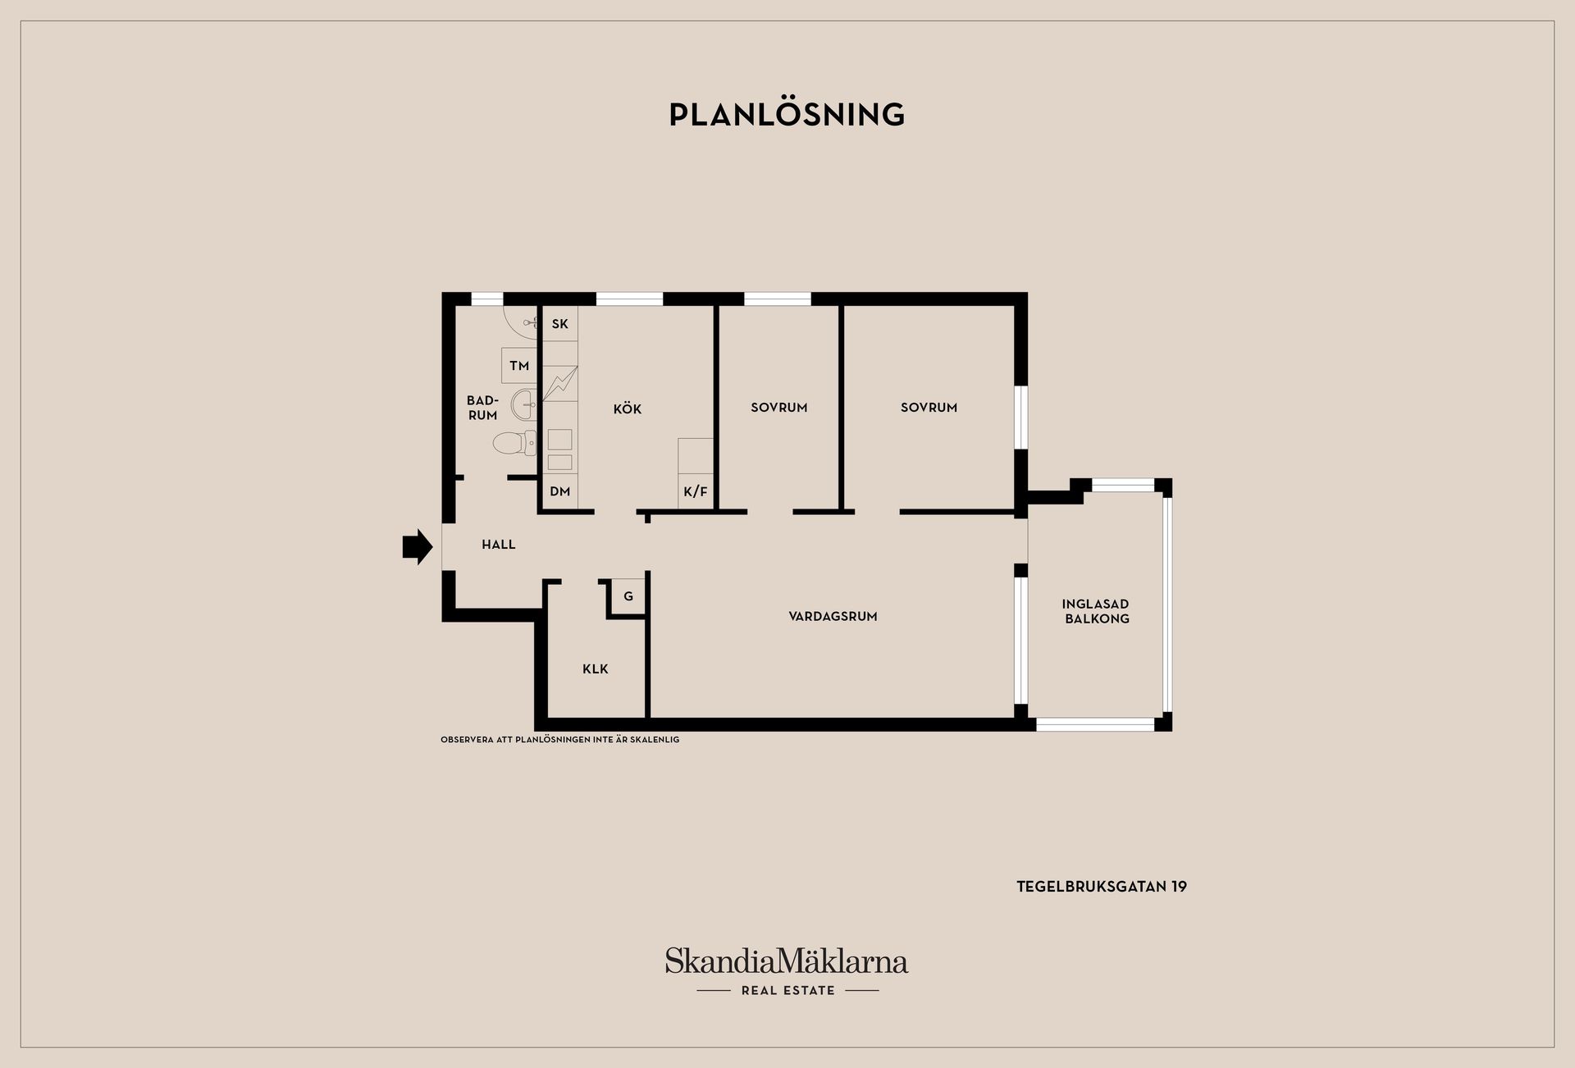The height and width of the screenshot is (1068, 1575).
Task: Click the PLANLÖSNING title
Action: pos(787,114)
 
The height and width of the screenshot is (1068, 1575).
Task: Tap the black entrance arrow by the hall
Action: pos(418,546)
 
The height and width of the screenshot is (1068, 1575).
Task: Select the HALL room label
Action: pos(499,545)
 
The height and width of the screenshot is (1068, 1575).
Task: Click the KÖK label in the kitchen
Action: pos(628,408)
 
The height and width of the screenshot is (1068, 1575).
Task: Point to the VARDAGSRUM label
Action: pos(833,616)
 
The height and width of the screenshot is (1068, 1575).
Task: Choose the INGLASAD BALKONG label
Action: pos(1097,611)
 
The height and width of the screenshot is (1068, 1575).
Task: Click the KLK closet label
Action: pos(596,669)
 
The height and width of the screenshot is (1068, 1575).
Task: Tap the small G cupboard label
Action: pos(628,596)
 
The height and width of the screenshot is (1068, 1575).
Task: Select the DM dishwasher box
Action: pos(560,492)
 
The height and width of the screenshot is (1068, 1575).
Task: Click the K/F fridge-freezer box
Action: pos(696,492)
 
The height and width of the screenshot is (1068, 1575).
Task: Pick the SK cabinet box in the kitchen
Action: pos(560,324)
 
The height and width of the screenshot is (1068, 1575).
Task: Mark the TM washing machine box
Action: pos(519,366)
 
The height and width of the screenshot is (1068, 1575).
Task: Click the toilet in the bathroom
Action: pos(514,443)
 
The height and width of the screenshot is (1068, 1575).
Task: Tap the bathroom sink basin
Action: pos(524,403)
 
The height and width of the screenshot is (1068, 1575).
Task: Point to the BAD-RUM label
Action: pos(482,408)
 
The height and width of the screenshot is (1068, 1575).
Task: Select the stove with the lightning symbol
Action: pos(560,383)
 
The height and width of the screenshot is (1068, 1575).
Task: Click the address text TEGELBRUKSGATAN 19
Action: pos(1102,887)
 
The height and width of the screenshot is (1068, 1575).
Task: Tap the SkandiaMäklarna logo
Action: pos(787,961)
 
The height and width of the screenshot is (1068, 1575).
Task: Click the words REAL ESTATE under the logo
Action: pos(787,991)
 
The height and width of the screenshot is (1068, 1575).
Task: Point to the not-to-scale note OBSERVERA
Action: pos(559,740)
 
